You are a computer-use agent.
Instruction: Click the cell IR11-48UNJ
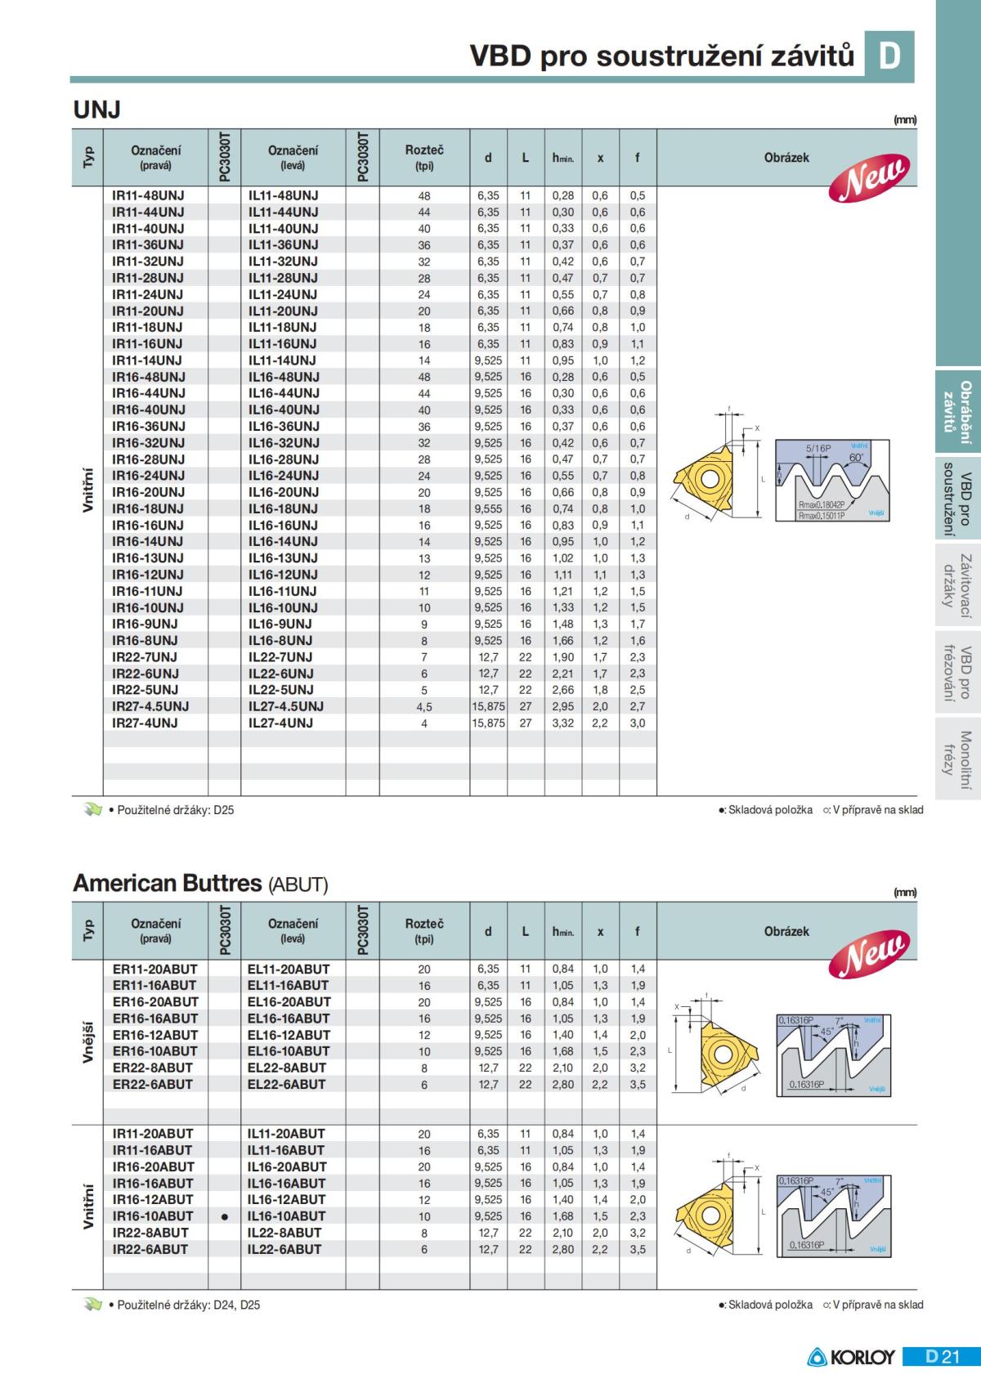tap(148, 195)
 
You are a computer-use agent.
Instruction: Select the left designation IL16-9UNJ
tap(280, 624)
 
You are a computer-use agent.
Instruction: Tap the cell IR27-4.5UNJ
tap(150, 706)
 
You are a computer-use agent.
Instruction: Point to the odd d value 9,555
tap(488, 508)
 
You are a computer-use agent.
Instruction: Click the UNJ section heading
tap(97, 110)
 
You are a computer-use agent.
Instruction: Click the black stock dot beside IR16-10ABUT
tap(225, 1216)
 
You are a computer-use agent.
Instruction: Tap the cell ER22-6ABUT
tap(153, 1084)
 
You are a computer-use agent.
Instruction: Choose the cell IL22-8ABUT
tap(285, 1232)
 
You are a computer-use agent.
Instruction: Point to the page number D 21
tap(943, 1357)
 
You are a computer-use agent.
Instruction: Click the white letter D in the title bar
tap(889, 56)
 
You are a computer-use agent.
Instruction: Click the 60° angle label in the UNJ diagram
tap(856, 459)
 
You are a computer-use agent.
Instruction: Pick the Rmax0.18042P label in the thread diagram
tap(822, 505)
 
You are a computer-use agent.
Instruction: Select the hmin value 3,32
tap(562, 723)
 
